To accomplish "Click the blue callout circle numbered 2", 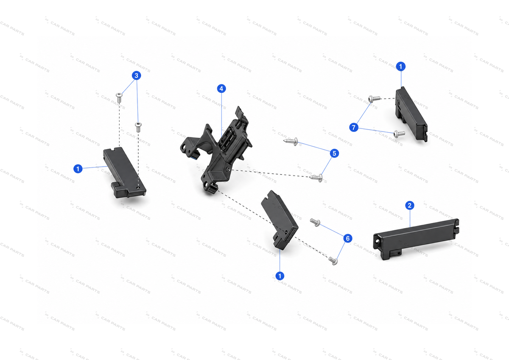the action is point(409,206).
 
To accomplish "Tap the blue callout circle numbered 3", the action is point(136,75).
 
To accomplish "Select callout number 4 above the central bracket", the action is point(221,89).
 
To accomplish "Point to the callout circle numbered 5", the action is point(334,153).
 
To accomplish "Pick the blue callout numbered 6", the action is point(348,238).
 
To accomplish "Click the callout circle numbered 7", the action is point(354,127).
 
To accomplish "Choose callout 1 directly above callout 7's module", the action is point(400,67).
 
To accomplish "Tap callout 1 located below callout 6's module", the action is point(280,276).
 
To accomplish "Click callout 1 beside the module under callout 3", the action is point(78,169).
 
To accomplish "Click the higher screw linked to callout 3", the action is point(119,98).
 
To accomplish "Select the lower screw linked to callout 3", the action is point(138,127).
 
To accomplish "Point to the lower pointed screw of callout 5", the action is point(316,178).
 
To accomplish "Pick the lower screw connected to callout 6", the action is point(333,261).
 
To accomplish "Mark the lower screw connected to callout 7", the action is point(399,134).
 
